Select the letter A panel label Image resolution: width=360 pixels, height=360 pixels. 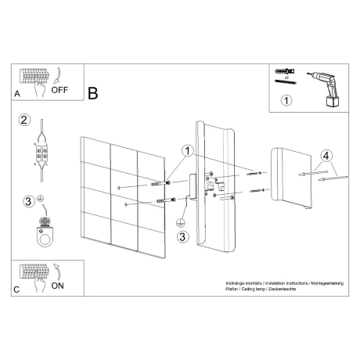click(17, 93)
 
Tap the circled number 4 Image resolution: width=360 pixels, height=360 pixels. click(327, 155)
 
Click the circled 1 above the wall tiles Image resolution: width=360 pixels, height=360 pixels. click(186, 150)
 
